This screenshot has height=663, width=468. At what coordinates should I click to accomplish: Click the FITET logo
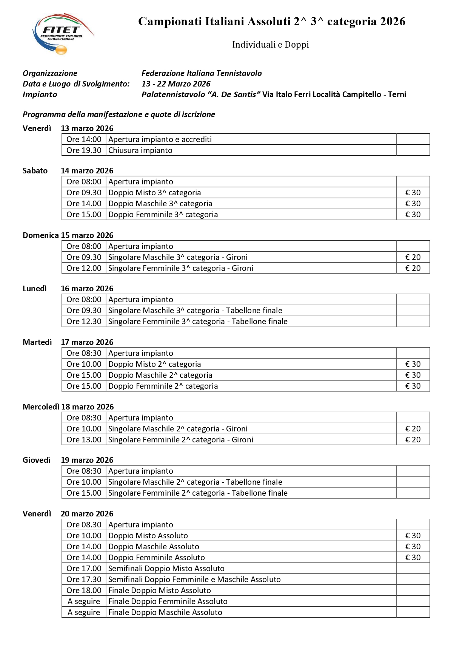click(62, 34)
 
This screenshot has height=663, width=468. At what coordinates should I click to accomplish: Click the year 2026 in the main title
click(393, 22)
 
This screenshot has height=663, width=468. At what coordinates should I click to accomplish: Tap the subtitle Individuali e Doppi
click(270, 45)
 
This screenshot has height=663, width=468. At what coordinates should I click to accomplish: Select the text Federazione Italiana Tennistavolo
click(202, 73)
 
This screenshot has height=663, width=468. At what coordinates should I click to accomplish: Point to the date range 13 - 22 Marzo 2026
click(176, 84)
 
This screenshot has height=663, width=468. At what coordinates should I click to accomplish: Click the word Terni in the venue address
click(397, 94)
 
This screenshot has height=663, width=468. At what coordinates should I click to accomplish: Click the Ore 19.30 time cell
click(84, 150)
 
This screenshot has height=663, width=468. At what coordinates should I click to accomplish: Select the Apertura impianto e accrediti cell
click(160, 139)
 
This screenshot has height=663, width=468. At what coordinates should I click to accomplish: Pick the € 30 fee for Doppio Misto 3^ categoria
click(413, 193)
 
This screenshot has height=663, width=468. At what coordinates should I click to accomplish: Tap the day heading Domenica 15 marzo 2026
click(68, 235)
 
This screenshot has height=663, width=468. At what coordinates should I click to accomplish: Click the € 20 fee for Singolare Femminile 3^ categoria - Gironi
click(413, 268)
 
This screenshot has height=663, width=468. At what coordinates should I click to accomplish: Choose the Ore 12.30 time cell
click(84, 321)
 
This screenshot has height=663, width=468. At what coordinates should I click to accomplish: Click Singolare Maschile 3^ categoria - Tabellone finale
click(195, 311)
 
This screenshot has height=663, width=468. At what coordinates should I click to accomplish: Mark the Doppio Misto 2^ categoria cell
click(154, 364)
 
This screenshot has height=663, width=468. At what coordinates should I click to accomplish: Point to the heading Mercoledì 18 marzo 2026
click(68, 407)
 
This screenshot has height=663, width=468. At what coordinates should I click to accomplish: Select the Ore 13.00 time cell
click(84, 440)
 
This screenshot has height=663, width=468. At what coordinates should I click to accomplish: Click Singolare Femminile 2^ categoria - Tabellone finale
click(198, 493)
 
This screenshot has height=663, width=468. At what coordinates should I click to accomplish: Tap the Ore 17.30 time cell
click(84, 580)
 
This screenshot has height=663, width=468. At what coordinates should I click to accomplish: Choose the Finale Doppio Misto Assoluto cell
click(159, 590)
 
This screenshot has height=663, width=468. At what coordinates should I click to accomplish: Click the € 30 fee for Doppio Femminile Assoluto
click(413, 558)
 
